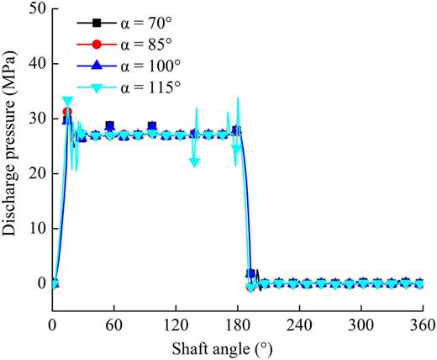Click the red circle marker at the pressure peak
coord(67,112)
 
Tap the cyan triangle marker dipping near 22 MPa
coord(194,162)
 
